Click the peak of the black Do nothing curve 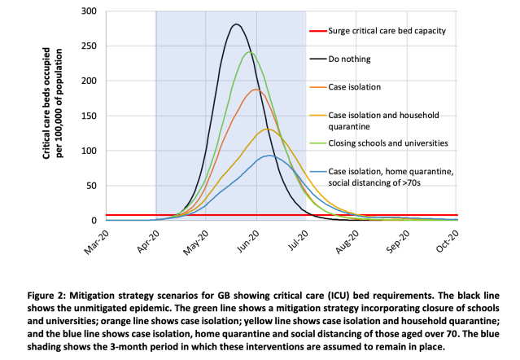point(236,24)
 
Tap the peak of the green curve point(249,53)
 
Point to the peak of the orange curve point(256,90)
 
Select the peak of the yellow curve point(267,129)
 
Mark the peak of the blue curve point(269,156)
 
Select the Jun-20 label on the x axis point(248,244)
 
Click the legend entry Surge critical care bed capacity point(387,33)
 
